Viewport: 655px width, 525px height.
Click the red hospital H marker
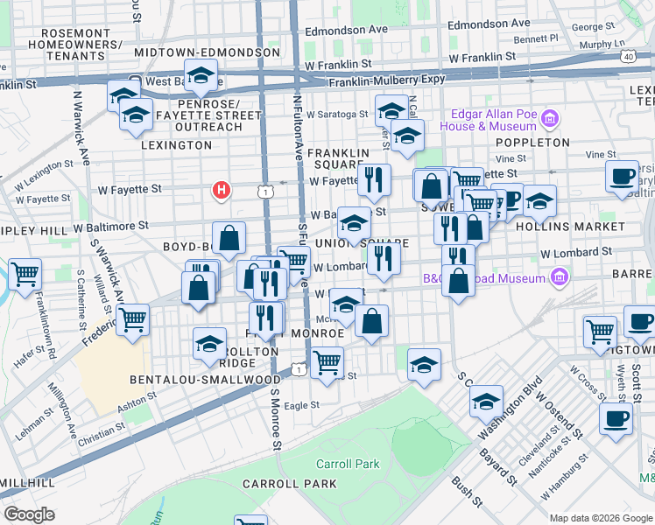(222, 189)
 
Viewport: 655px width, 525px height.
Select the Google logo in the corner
(30, 514)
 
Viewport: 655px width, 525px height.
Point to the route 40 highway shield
(629, 56)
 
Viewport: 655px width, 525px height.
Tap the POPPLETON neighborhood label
(533, 142)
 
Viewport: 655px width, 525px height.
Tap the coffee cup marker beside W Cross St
(616, 417)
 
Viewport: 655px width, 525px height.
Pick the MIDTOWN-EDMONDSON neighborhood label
(208, 52)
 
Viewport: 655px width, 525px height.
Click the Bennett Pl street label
(536, 38)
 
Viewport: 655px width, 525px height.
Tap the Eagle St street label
(301, 405)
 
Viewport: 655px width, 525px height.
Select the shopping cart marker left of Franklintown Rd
(25, 274)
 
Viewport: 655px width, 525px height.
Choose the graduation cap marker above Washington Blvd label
(486, 402)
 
